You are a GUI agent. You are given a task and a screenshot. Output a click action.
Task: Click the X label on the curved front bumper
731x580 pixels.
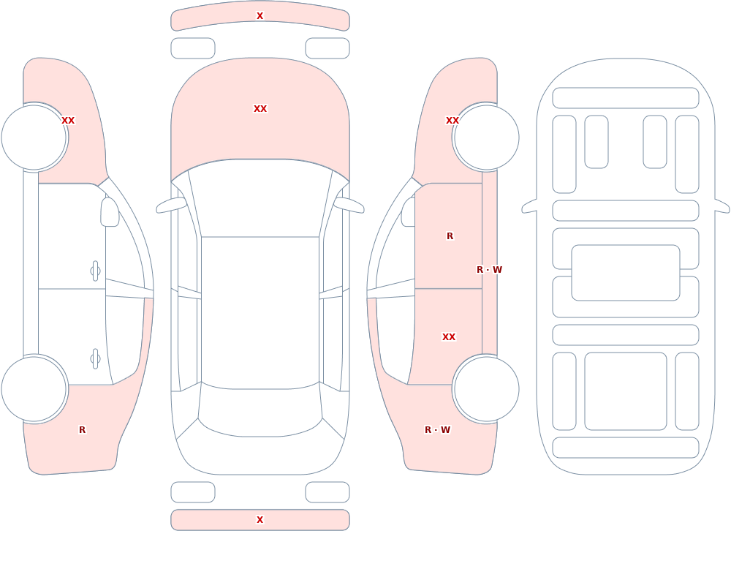pos(260,16)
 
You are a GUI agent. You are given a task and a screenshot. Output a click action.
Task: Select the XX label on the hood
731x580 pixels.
pos(260,109)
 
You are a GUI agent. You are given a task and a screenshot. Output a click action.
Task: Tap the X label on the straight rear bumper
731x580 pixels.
pos(260,520)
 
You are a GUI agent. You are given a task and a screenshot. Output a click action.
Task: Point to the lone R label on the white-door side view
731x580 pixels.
pos(82,430)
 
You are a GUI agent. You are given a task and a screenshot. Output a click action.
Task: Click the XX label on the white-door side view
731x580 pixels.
pos(68,121)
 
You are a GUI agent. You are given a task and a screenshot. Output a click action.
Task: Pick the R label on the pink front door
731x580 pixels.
pos(450,236)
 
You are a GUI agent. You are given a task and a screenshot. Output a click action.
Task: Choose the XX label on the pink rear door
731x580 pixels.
pos(449,337)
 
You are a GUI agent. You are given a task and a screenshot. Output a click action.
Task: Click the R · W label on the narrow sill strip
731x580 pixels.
pos(489,270)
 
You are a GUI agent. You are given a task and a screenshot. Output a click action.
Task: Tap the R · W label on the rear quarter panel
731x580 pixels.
pos(437,430)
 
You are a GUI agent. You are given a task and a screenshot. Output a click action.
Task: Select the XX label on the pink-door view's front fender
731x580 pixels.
pos(452,121)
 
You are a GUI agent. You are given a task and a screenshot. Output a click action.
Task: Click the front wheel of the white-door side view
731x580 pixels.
pos(34,138)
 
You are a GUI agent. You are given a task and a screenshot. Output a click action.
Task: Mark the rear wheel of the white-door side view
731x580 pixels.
pos(34,388)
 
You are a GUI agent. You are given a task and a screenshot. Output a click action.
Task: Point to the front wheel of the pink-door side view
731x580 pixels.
pos(486,138)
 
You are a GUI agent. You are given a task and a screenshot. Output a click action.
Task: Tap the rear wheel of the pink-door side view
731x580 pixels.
pos(486,388)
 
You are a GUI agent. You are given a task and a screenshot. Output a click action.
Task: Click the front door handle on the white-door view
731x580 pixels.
pos(95,271)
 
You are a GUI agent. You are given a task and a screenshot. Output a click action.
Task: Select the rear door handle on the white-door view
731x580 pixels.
pos(95,359)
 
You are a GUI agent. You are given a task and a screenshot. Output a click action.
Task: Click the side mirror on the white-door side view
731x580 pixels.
pos(110,212)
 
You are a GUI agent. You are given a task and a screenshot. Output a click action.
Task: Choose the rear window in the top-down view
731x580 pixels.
pos(260,410)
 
